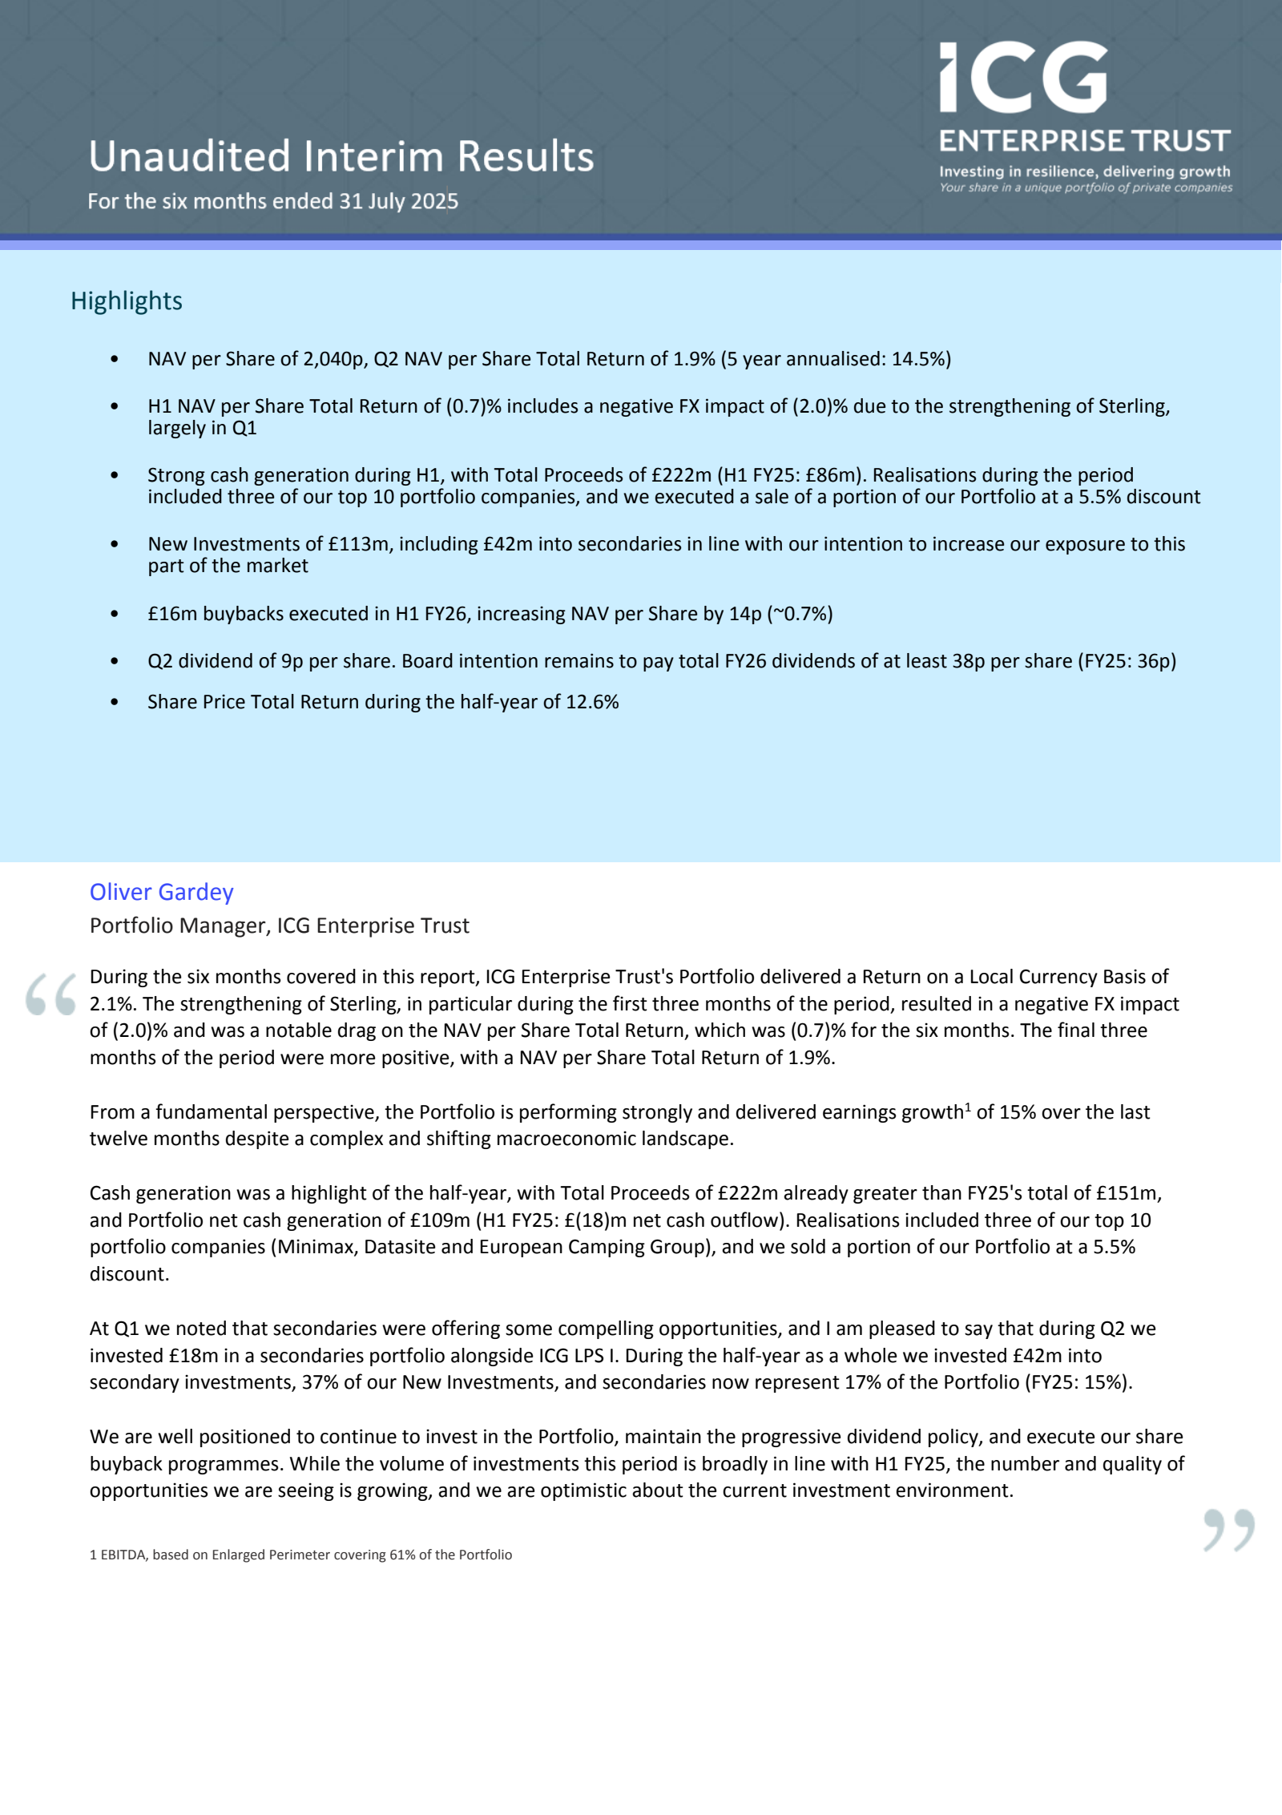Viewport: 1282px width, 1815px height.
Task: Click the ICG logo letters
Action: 1023,78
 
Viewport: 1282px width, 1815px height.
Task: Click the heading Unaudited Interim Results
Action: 341,156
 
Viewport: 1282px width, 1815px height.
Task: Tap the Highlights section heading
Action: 127,301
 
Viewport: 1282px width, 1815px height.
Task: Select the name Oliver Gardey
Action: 161,892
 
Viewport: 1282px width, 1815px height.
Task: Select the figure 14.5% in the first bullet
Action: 918,359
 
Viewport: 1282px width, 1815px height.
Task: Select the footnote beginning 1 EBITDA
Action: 300,1555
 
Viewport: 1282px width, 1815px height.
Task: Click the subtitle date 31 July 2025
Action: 398,201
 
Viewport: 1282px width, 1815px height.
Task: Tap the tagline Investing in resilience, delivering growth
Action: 1084,171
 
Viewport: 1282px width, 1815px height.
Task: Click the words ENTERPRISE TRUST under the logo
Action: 1084,141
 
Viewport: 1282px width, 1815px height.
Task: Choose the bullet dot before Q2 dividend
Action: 115,662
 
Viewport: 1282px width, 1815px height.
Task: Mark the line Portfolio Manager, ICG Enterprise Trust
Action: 279,926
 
